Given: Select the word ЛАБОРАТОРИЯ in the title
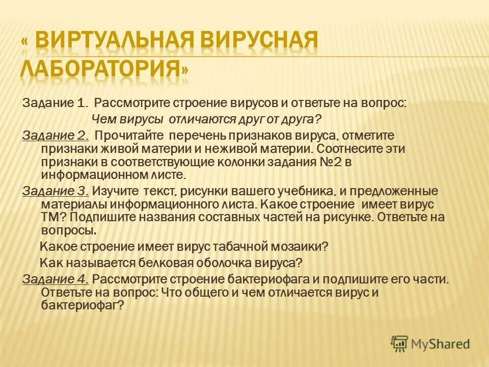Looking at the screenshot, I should pyautogui.click(x=99, y=68).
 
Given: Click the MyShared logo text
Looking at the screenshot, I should pyautogui.click(x=441, y=344).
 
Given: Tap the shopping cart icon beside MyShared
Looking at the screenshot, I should pyautogui.click(x=400, y=344).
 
